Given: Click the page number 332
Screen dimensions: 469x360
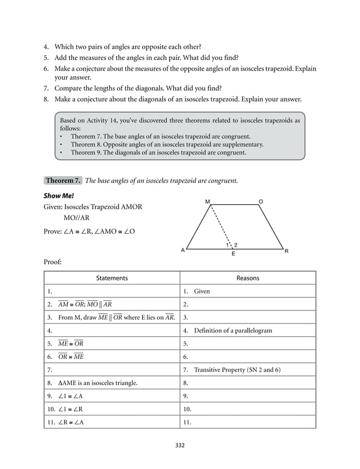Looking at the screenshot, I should [180, 445].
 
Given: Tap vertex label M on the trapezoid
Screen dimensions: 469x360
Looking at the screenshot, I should [208, 201].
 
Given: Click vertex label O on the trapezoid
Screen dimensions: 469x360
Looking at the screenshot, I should [260, 201].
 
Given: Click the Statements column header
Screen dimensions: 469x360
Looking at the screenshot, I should [112, 278].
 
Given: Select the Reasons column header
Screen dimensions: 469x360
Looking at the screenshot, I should [248, 278].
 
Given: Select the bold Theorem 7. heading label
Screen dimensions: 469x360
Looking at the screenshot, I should [63, 181].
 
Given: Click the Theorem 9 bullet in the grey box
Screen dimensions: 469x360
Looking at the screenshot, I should [158, 152].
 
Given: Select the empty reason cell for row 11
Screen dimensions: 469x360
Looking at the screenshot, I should [248, 422].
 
